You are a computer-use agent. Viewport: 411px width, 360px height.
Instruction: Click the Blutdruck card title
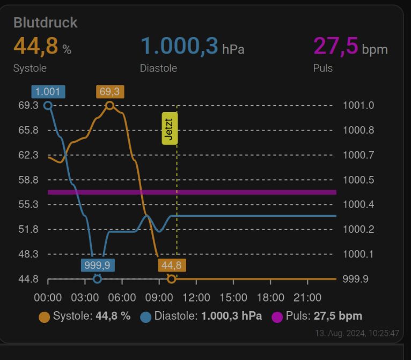(x=46, y=23)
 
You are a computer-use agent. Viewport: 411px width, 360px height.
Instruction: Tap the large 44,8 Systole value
(x=35, y=46)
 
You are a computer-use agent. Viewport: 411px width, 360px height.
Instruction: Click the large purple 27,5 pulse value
(x=335, y=46)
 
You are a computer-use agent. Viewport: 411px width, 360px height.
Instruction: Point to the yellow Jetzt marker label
(x=170, y=129)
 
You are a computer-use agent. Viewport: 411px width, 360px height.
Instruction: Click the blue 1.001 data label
(x=48, y=92)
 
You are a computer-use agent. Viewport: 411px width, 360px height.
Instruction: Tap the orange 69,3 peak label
(x=109, y=92)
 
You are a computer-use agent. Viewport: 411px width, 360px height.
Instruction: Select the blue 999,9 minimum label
(x=97, y=265)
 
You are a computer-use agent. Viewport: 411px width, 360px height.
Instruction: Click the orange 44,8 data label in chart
(x=171, y=265)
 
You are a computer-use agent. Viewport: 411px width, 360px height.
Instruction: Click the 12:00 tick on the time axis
(x=196, y=297)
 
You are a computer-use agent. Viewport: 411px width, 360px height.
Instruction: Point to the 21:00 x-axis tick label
(x=307, y=297)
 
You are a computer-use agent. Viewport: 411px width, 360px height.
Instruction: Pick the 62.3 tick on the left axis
(x=28, y=155)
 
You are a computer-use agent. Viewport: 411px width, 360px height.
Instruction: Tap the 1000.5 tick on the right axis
(x=359, y=180)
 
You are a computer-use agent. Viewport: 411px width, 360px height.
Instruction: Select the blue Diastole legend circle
(x=146, y=317)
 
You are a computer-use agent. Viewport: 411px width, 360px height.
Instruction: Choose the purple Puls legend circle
(x=277, y=317)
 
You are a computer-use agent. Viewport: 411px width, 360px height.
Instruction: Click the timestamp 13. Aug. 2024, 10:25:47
(x=356, y=333)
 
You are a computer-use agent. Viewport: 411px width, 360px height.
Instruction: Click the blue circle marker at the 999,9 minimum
(x=97, y=278)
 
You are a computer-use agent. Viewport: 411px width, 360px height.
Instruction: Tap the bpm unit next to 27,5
(x=375, y=50)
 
